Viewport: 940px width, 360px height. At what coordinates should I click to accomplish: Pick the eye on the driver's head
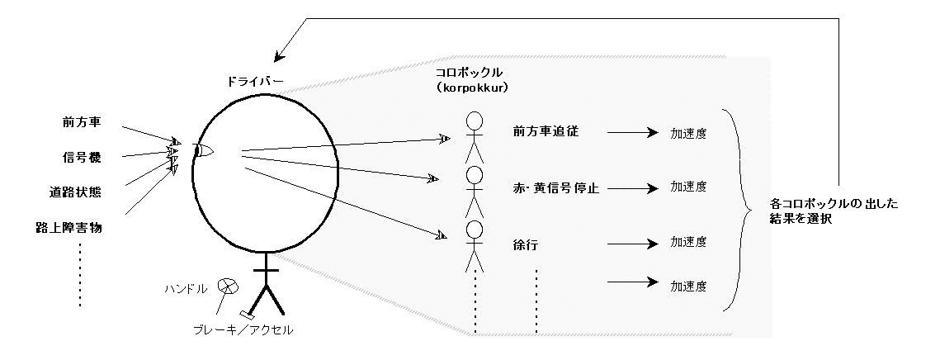[x=203, y=150]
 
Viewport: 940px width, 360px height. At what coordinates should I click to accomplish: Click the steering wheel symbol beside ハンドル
[x=227, y=286]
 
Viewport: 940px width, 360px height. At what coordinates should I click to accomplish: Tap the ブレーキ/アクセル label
[x=238, y=330]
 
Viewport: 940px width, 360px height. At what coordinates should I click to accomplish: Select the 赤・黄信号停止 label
[x=555, y=188]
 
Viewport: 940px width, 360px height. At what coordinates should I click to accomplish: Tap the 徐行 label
[x=526, y=244]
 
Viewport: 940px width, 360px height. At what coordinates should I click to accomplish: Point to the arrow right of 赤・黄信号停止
[x=632, y=188]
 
